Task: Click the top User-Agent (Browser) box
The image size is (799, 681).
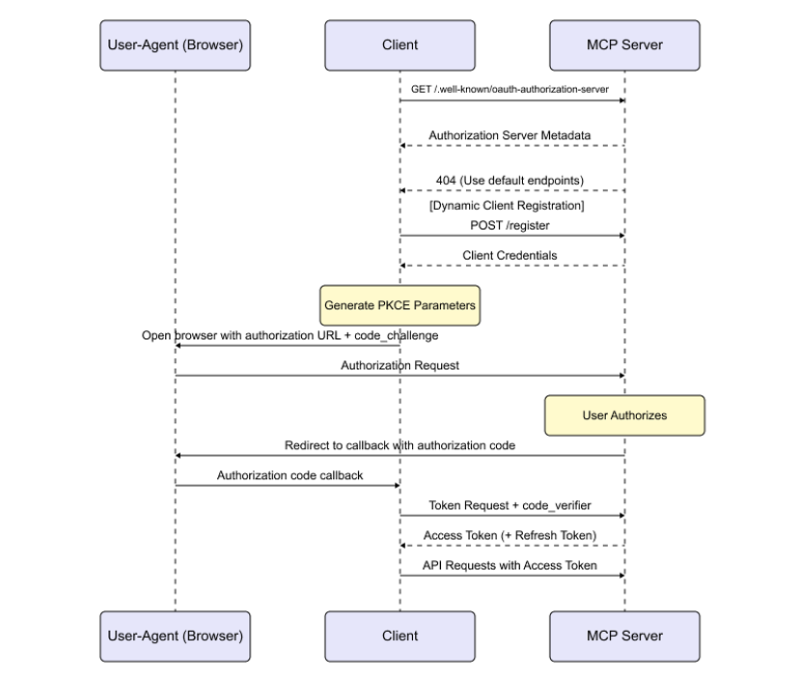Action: coord(175,45)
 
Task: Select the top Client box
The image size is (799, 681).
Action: coord(399,45)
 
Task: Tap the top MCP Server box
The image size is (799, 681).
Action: coord(624,45)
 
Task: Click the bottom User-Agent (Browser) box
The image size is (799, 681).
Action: coord(175,636)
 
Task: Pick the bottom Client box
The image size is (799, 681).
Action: coord(399,636)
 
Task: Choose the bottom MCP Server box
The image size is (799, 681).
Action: coord(624,636)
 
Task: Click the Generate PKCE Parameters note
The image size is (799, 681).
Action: coord(399,305)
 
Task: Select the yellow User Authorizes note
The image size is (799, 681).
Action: coord(624,415)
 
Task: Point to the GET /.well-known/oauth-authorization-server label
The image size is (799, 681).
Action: coord(510,89)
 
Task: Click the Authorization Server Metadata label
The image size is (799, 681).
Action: coord(510,135)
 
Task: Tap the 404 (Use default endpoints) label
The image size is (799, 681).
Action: coord(510,181)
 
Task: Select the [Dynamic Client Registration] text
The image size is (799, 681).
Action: coord(507,206)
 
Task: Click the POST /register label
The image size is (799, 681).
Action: coord(510,225)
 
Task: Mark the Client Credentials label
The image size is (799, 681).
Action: coord(510,256)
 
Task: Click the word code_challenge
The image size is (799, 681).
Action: coord(398,335)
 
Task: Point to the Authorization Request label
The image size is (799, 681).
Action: coord(399,366)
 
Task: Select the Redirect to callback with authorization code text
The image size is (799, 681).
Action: coord(399,445)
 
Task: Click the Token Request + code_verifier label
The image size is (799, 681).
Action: coord(510,505)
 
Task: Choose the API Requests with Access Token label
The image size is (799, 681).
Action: coord(510,565)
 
